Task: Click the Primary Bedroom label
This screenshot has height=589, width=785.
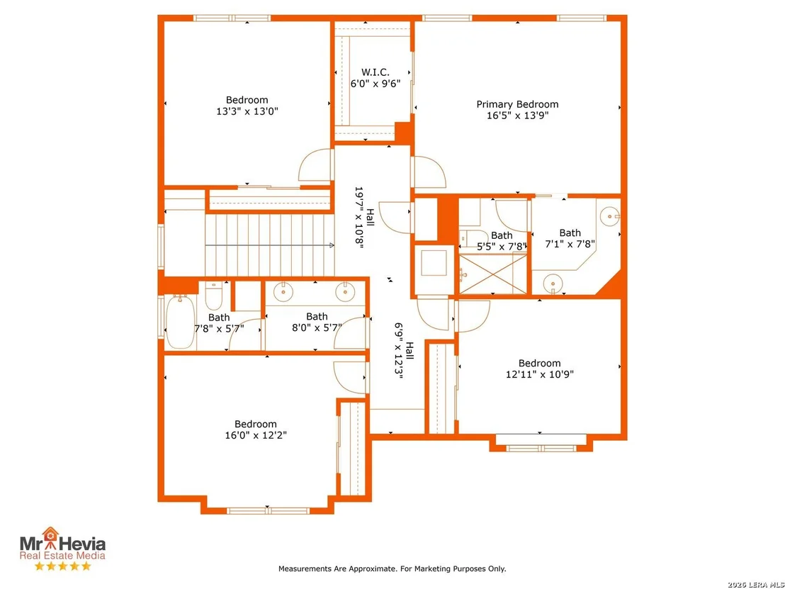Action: (x=517, y=104)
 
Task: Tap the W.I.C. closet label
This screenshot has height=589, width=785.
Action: (x=375, y=72)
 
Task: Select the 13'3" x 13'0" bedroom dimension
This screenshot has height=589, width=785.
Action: (x=247, y=111)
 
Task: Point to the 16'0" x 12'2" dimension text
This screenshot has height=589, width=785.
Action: (x=255, y=435)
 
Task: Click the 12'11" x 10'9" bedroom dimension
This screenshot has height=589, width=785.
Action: (x=540, y=374)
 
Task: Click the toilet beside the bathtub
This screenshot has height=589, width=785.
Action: (x=213, y=296)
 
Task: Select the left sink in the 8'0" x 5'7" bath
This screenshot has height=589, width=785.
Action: (x=283, y=291)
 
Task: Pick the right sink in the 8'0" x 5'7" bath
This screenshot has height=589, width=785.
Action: (x=345, y=291)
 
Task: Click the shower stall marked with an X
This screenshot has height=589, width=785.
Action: (x=493, y=274)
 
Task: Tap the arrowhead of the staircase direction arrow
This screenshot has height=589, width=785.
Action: (x=332, y=245)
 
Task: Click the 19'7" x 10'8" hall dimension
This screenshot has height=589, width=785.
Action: (x=364, y=218)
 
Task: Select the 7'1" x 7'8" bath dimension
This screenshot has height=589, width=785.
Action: (x=570, y=244)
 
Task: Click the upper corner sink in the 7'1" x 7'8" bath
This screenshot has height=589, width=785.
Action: (x=610, y=216)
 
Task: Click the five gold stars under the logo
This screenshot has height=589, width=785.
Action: (x=62, y=566)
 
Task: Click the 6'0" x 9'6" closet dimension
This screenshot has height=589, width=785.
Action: (x=375, y=84)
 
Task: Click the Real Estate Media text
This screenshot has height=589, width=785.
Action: (x=62, y=555)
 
